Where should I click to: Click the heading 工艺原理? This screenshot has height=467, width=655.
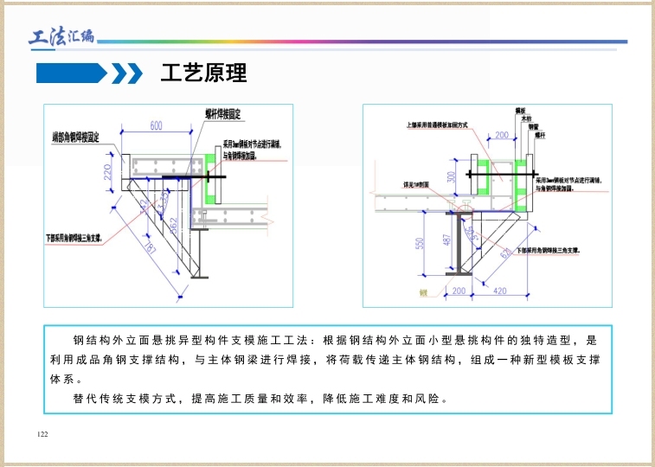pyautogui.click(x=204, y=73)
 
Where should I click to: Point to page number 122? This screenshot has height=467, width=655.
pyautogui.click(x=42, y=433)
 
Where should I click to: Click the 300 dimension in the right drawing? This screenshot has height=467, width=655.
pyautogui.click(x=451, y=176)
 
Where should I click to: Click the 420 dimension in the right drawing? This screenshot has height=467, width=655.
pyautogui.click(x=499, y=291)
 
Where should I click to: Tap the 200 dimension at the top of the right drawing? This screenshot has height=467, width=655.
pyautogui.click(x=501, y=135)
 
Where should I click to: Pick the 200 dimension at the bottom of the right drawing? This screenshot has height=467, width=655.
pyautogui.click(x=459, y=291)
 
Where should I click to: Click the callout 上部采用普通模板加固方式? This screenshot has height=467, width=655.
pyautogui.click(x=437, y=125)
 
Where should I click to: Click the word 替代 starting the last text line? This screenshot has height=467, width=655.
pyautogui.click(x=85, y=400)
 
